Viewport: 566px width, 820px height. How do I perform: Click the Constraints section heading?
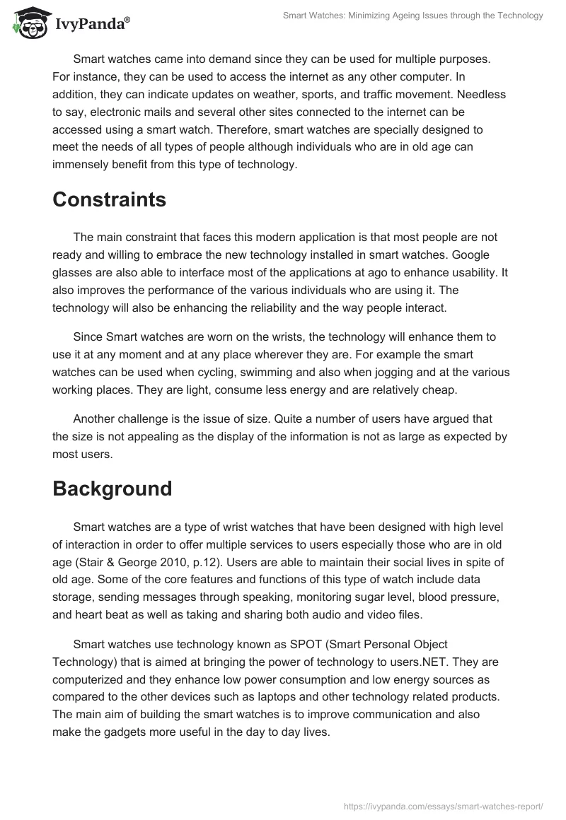[x=109, y=200]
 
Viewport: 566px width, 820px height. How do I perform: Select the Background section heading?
[x=112, y=488]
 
